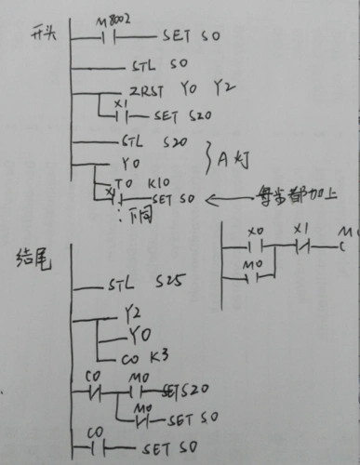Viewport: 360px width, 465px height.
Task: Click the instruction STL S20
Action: coord(153,143)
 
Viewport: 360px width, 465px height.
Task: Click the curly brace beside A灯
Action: coord(208,160)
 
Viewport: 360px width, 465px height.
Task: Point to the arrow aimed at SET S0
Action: coord(224,198)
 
